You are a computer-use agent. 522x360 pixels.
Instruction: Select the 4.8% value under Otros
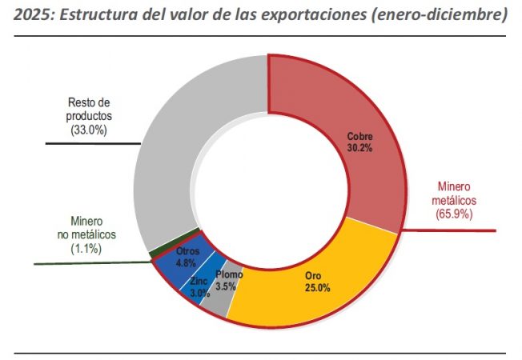[187, 263]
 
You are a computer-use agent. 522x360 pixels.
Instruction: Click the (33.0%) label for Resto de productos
[88, 129]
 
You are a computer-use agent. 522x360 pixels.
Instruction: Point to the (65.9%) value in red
[454, 214]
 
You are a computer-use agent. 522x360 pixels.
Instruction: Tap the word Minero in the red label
[454, 186]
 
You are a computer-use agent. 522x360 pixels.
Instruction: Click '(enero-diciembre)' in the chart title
[438, 15]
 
